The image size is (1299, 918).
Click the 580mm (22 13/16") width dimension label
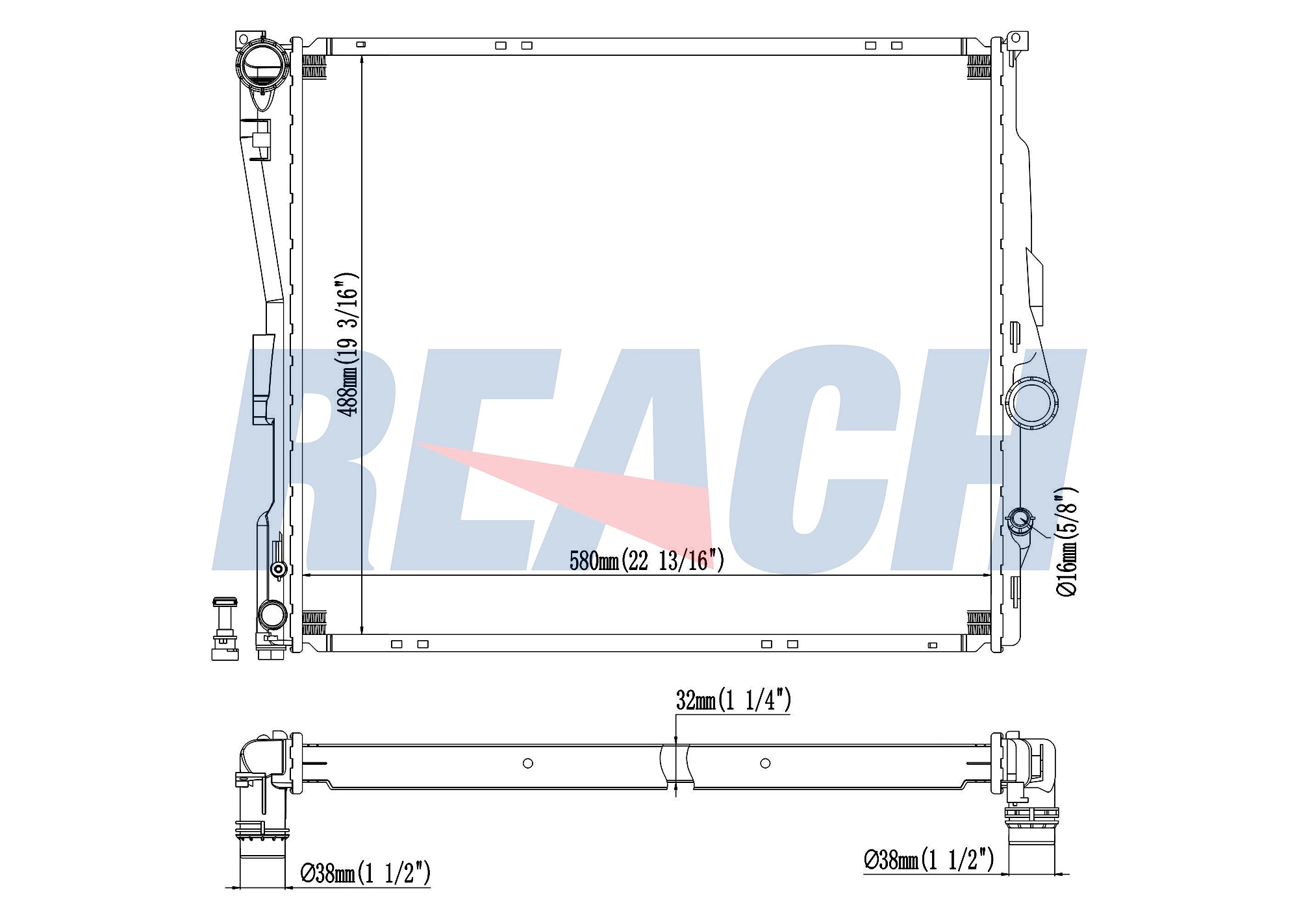click(x=646, y=560)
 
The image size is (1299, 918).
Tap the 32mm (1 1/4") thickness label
click(x=733, y=700)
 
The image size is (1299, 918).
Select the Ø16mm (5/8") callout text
click(x=1066, y=541)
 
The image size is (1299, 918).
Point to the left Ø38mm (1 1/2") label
click(x=365, y=873)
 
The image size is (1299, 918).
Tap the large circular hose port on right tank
click(x=1031, y=403)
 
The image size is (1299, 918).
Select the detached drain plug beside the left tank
click(x=225, y=628)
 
